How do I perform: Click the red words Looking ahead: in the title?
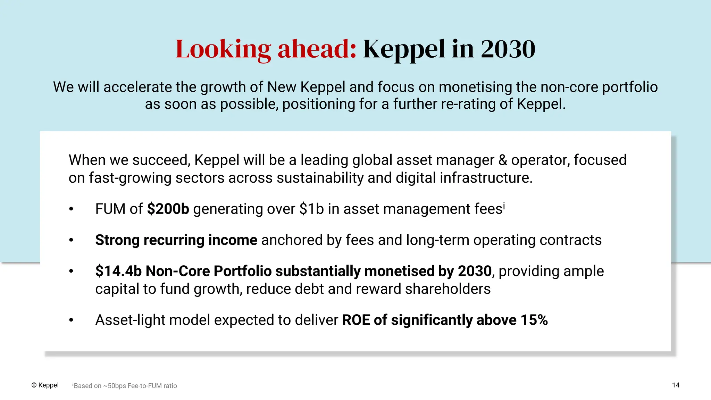266,49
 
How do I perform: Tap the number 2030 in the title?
508,49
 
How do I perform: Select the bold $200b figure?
168,209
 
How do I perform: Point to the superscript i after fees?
504,206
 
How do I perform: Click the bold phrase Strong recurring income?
176,240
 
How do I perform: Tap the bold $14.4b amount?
118,271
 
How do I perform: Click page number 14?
676,385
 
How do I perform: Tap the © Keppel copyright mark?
45,385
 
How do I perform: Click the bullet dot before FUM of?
71,209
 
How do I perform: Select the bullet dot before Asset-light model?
71,320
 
